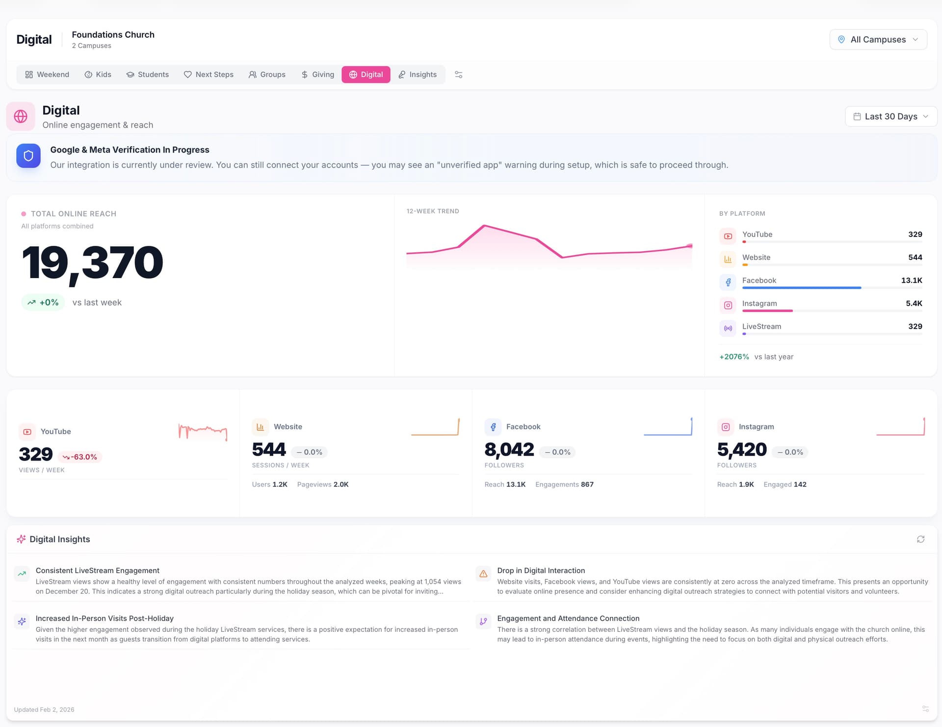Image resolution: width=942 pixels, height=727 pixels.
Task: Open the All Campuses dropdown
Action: [878, 40]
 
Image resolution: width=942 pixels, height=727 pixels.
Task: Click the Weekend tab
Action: [47, 75]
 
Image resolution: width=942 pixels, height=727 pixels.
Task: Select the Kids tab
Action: [98, 75]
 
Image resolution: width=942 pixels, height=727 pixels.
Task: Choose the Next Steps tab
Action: [209, 75]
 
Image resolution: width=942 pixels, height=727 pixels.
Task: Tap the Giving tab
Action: [317, 75]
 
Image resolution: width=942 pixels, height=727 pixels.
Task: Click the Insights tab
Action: [418, 75]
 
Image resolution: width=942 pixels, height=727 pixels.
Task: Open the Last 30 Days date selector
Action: [890, 117]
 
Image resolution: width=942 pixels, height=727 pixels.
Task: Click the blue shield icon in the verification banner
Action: [28, 156]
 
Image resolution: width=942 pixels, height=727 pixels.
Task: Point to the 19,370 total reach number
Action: [92, 263]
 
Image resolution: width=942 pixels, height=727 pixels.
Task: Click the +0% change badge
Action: [43, 303]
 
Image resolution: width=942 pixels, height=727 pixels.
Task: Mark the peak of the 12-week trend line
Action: [484, 226]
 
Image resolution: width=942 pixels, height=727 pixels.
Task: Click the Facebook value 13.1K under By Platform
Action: [911, 281]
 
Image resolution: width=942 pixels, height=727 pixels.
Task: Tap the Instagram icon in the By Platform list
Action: [728, 305]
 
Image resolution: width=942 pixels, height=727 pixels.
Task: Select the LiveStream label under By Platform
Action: [761, 327]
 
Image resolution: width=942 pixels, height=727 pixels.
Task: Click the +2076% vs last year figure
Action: [734, 357]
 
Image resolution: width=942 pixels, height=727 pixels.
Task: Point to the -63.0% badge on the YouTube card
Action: [80, 457]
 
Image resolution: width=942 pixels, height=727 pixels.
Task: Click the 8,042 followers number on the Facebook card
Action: [509, 450]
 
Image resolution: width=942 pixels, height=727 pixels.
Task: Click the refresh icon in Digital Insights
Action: [920, 540]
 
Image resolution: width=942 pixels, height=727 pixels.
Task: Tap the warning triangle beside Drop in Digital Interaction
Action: [483, 574]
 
